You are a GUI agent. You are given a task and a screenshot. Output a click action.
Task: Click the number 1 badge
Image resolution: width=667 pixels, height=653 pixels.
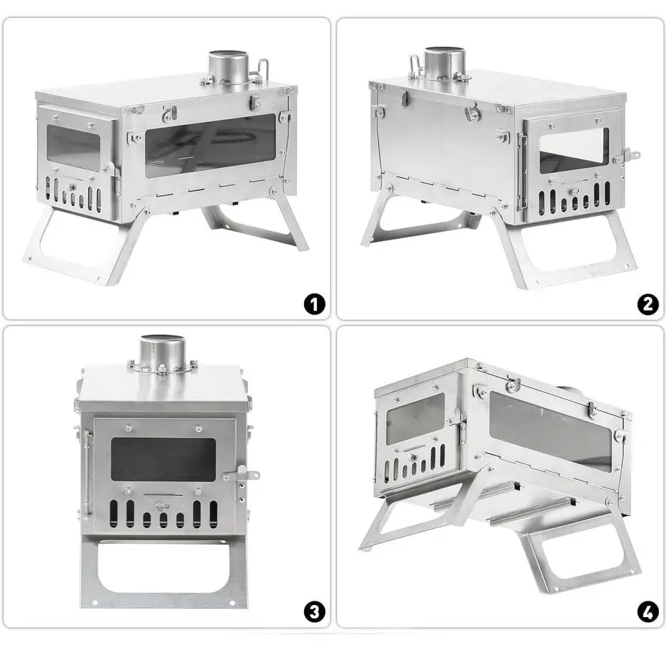coord(314,304)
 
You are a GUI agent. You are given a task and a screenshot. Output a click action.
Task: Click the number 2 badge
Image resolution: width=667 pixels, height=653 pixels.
coord(648,304)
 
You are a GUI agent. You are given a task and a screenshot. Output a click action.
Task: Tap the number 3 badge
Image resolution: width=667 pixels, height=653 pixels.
coord(314,612)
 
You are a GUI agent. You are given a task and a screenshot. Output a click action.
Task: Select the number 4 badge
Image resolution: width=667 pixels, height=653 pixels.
coord(648,612)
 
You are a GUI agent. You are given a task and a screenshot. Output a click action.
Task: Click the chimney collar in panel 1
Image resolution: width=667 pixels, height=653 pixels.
coord(229,67)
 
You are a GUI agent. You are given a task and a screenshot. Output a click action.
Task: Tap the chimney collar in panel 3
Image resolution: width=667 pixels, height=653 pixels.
coord(163,352)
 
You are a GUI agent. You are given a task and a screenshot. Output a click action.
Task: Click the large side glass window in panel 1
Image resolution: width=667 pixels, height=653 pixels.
coord(211,146)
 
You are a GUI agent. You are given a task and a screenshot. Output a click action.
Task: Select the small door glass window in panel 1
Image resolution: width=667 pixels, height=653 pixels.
coord(73,147)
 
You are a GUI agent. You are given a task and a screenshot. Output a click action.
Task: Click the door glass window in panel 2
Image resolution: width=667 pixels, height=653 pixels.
coord(574,151)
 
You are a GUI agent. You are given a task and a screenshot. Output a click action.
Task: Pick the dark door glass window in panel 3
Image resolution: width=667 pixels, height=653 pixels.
coord(164,459)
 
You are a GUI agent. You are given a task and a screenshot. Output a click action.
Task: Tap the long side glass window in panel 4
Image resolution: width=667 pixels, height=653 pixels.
coord(550,431)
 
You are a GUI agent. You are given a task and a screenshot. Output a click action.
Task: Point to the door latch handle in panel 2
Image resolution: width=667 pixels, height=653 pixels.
coord(627,156)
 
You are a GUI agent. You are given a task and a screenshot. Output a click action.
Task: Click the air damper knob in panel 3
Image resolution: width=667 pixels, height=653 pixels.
coord(162,506)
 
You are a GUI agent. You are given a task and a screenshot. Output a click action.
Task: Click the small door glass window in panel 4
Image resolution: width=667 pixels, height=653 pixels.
coord(415,418)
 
